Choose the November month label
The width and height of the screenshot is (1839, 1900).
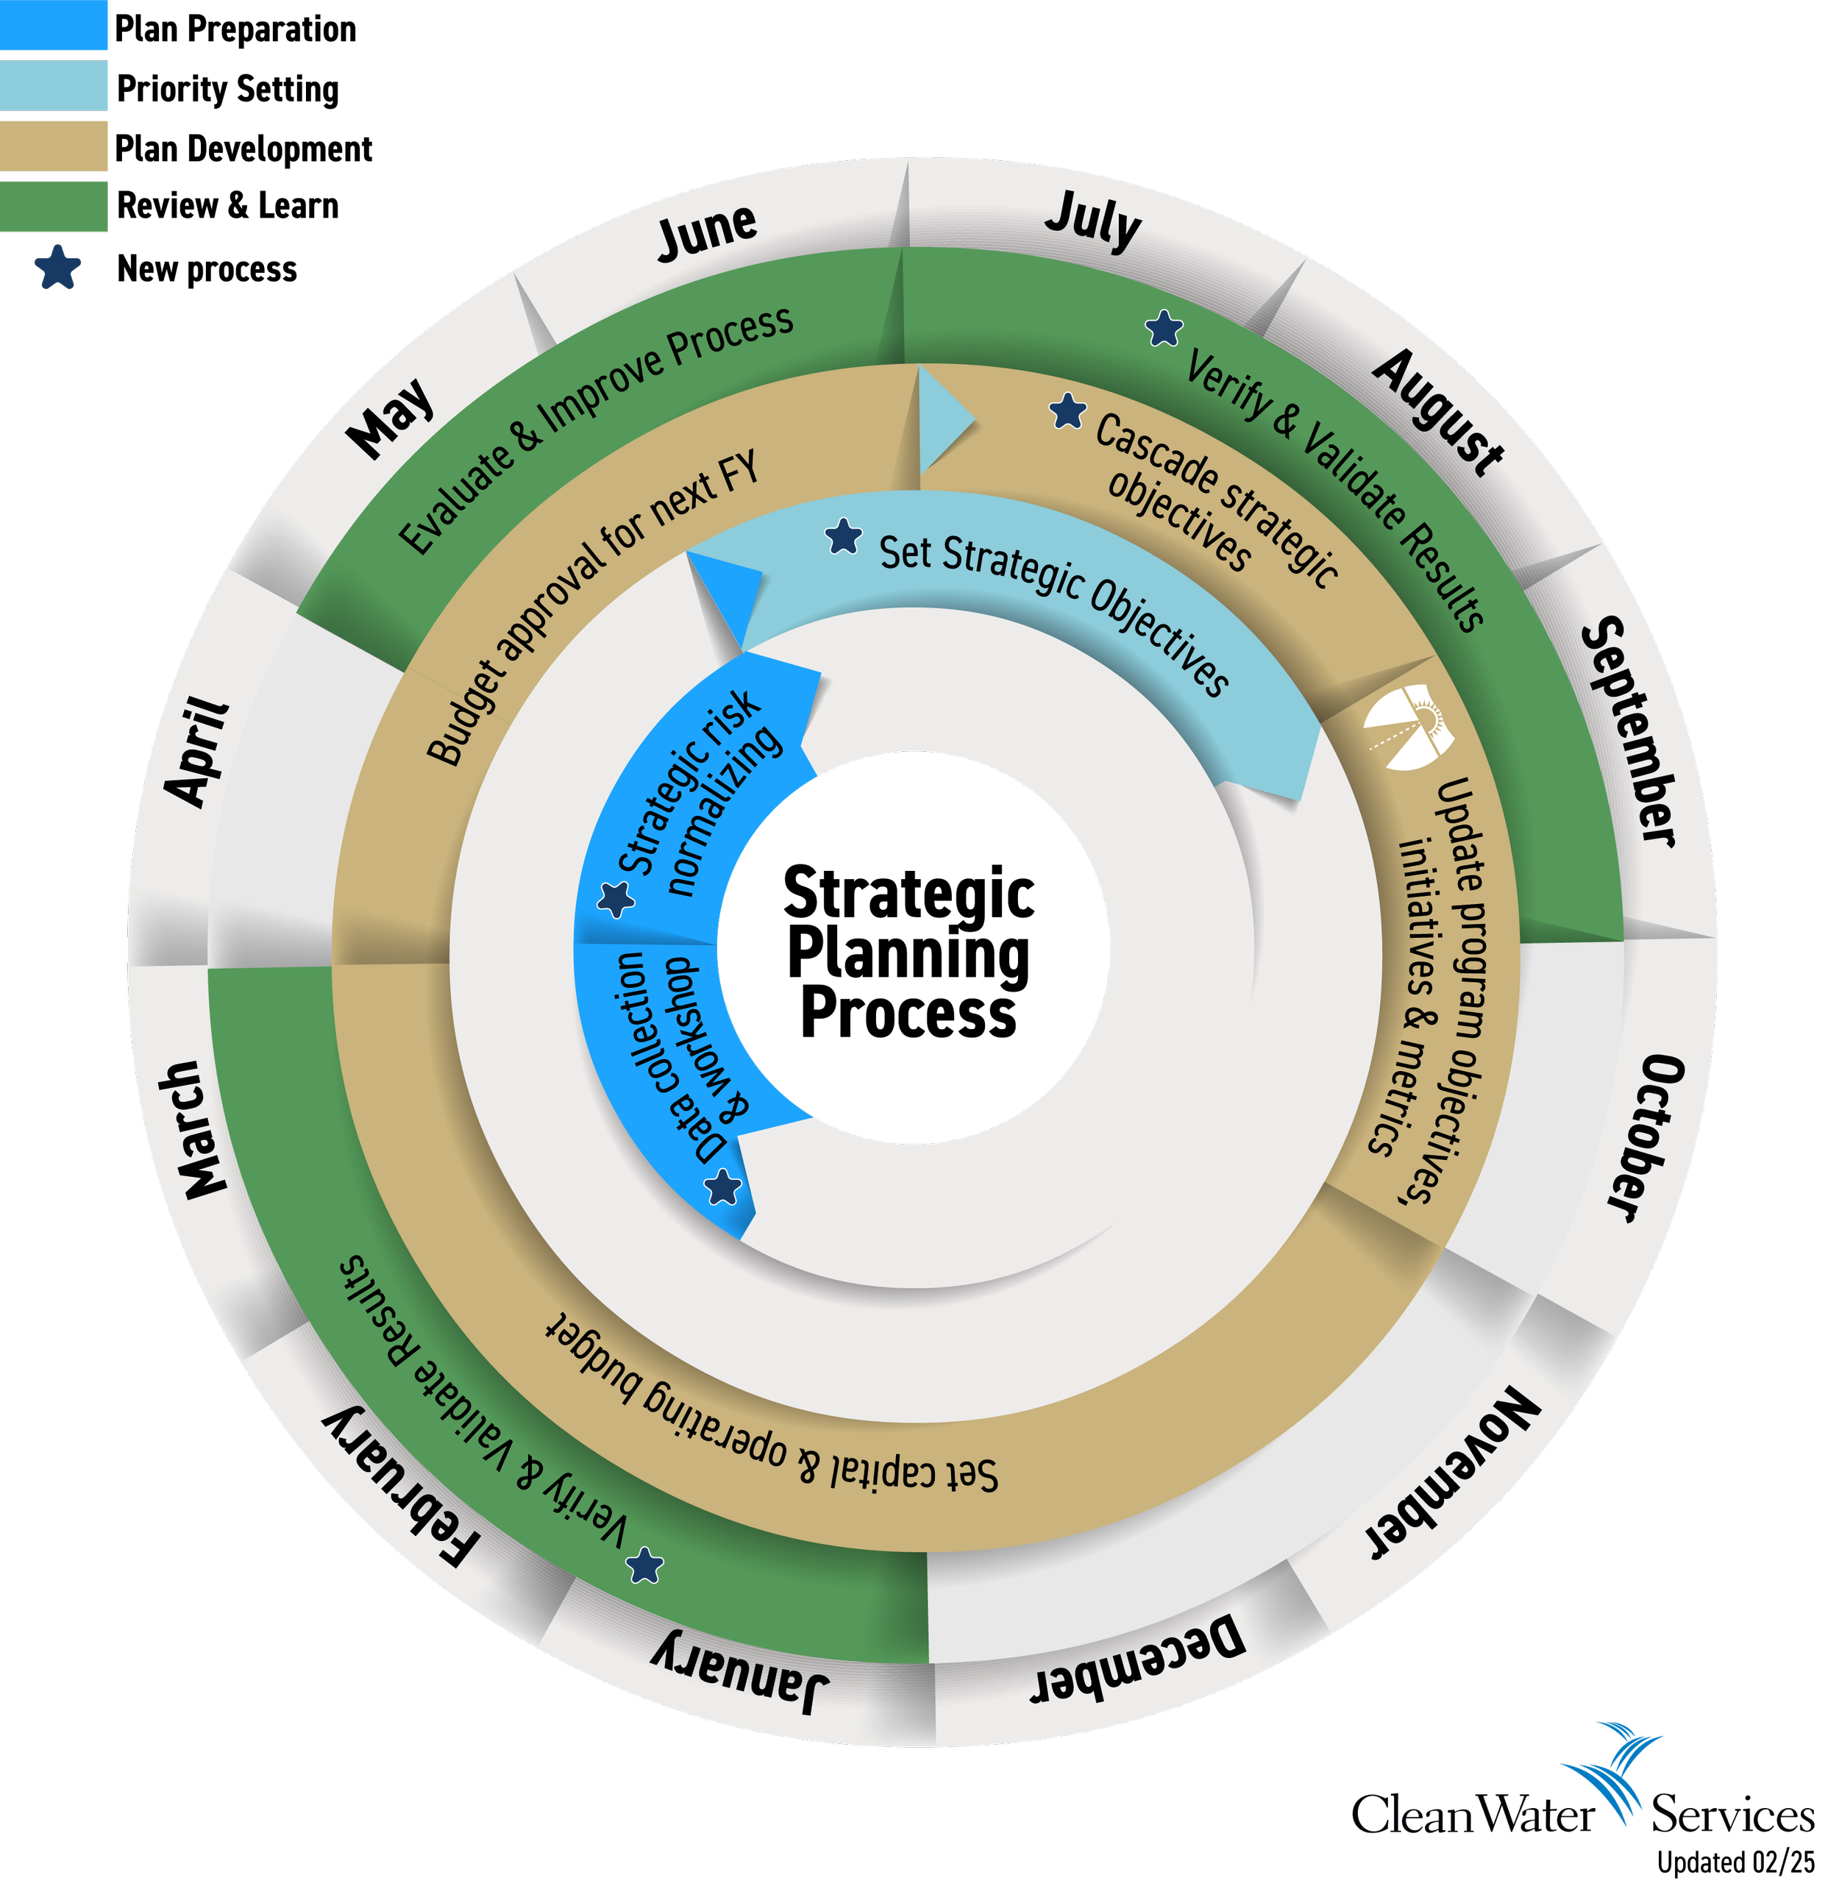tap(1452, 1474)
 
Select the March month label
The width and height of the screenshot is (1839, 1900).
tap(193, 1129)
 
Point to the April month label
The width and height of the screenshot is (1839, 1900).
tap(198, 750)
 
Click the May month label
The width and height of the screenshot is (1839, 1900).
tap(391, 417)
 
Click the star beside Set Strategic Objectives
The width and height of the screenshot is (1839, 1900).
tap(844, 536)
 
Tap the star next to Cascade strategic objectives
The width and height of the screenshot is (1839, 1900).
tap(1068, 411)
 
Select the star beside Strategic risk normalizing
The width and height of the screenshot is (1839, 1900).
tap(616, 899)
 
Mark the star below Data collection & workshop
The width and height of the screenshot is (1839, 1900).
tap(723, 1186)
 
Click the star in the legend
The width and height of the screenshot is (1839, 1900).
tap(59, 268)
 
